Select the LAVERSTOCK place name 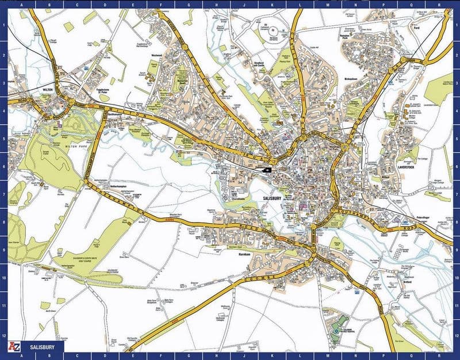click(x=406, y=167)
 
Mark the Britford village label click(x=408, y=282)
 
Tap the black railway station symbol click(x=266, y=170)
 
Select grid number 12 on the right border click(x=455, y=336)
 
